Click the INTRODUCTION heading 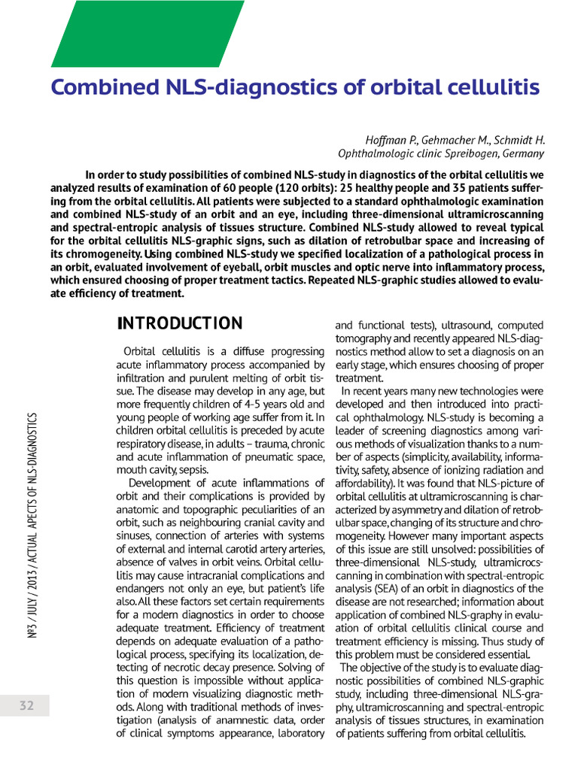(x=180, y=324)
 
